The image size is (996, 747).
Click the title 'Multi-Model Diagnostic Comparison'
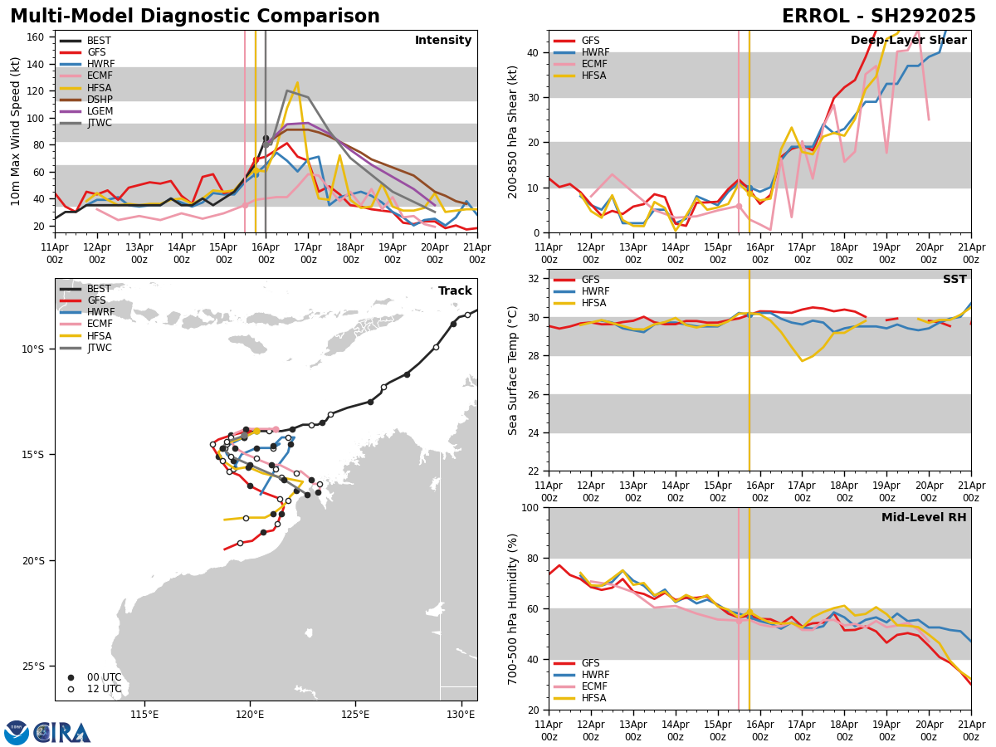click(x=195, y=17)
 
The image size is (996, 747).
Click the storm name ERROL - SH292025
click(x=878, y=17)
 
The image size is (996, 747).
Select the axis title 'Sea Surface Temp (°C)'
click(x=513, y=370)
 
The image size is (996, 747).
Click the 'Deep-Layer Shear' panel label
click(x=908, y=41)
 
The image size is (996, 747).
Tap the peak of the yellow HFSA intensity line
click(x=297, y=82)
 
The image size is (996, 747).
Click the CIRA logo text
click(x=63, y=732)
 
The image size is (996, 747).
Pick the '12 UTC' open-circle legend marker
click(x=71, y=689)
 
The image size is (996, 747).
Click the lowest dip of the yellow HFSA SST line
click(x=802, y=360)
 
